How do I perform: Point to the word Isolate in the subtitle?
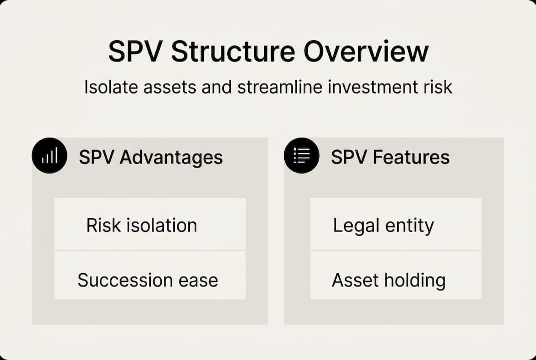pos(109,87)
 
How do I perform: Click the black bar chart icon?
pos(49,156)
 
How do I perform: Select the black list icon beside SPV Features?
pos(301,156)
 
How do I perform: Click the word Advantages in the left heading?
pos(171,157)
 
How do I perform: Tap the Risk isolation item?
pos(149,225)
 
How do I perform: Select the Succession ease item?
pos(149,279)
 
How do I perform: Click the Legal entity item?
pos(396,225)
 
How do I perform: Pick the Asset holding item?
pos(396,279)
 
